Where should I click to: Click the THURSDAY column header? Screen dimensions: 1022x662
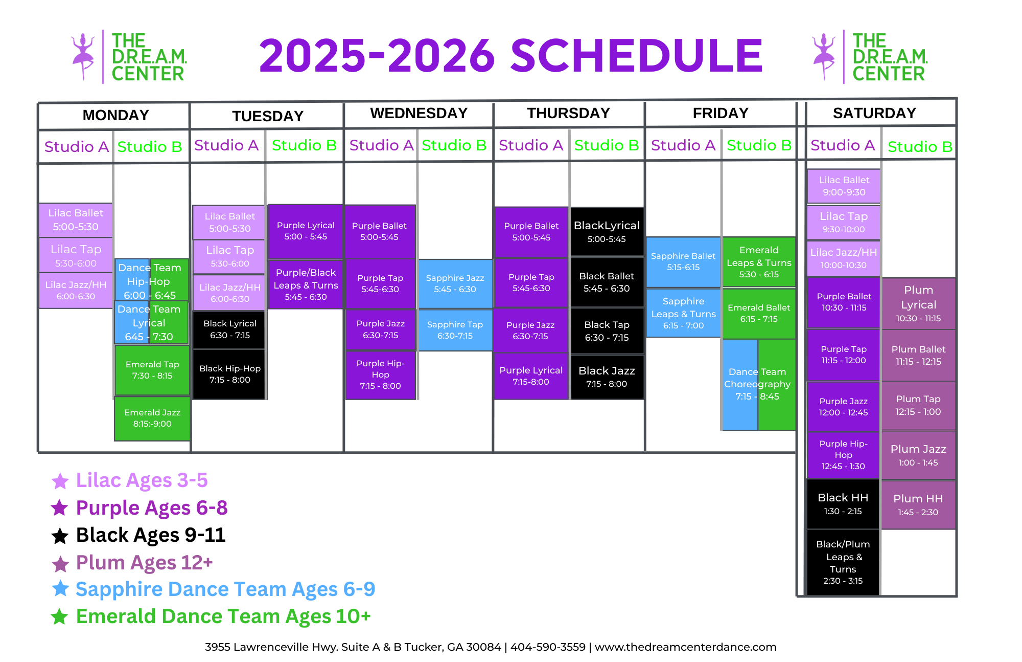(568, 113)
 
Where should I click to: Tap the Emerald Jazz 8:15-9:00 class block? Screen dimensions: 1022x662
(152, 418)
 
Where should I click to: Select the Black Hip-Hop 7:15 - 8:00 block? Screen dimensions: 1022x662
(229, 374)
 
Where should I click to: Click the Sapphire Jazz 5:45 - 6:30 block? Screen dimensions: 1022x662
(455, 283)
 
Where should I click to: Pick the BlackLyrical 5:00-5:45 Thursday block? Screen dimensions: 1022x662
(607, 231)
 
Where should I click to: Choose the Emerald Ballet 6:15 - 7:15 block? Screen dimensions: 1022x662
(759, 313)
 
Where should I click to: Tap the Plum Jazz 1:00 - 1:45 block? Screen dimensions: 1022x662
(918, 455)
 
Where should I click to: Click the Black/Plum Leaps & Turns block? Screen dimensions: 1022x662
(843, 562)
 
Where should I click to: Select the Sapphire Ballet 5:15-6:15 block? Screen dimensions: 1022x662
(683, 261)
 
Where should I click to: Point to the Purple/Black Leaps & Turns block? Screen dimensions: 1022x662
(306, 284)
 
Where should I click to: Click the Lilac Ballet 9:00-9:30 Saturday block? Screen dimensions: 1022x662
(844, 186)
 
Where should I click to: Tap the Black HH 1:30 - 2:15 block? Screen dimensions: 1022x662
(843, 504)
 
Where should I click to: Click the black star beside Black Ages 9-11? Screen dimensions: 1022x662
(60, 536)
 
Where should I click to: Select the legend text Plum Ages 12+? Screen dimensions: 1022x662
(144, 562)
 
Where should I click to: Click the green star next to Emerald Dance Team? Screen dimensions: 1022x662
(60, 616)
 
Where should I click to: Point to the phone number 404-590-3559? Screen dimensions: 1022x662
(548, 647)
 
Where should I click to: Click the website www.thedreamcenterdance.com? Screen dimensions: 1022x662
(685, 647)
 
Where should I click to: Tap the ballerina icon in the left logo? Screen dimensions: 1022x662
(83, 56)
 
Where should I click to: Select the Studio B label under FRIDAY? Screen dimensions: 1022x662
(759, 145)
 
